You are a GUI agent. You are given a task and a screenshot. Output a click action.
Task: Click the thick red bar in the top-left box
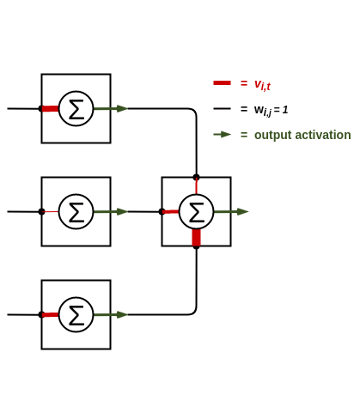click(51, 108)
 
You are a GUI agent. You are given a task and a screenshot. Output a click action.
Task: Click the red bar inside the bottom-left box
click(51, 314)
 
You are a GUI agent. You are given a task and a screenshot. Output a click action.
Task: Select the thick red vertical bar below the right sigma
click(196, 238)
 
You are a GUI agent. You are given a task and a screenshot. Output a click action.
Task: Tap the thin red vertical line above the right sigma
click(196, 187)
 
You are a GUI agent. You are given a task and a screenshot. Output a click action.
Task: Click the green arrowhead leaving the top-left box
click(122, 108)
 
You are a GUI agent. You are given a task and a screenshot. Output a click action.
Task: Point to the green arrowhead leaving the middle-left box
click(122, 211)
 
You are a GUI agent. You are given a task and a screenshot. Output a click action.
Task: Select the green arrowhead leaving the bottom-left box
click(122, 314)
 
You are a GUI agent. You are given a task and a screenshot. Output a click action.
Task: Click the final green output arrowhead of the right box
click(242, 211)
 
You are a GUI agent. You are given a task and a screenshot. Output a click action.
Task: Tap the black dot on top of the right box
click(196, 177)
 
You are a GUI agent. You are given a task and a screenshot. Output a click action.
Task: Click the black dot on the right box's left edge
click(162, 211)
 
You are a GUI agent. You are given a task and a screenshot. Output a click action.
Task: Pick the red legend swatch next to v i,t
click(222, 83)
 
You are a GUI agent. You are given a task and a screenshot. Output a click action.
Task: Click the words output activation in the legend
click(302, 135)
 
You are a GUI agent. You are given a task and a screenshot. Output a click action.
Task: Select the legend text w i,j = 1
click(271, 110)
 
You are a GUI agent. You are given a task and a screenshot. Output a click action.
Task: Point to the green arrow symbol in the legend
click(223, 134)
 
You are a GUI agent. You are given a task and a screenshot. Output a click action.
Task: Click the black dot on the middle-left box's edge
click(41, 211)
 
